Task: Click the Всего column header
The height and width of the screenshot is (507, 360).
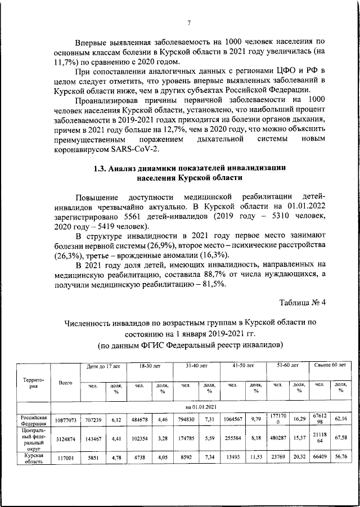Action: click(x=65, y=382)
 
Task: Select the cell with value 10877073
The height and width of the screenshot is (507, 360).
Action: click(x=65, y=420)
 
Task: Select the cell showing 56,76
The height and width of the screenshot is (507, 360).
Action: click(x=339, y=458)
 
